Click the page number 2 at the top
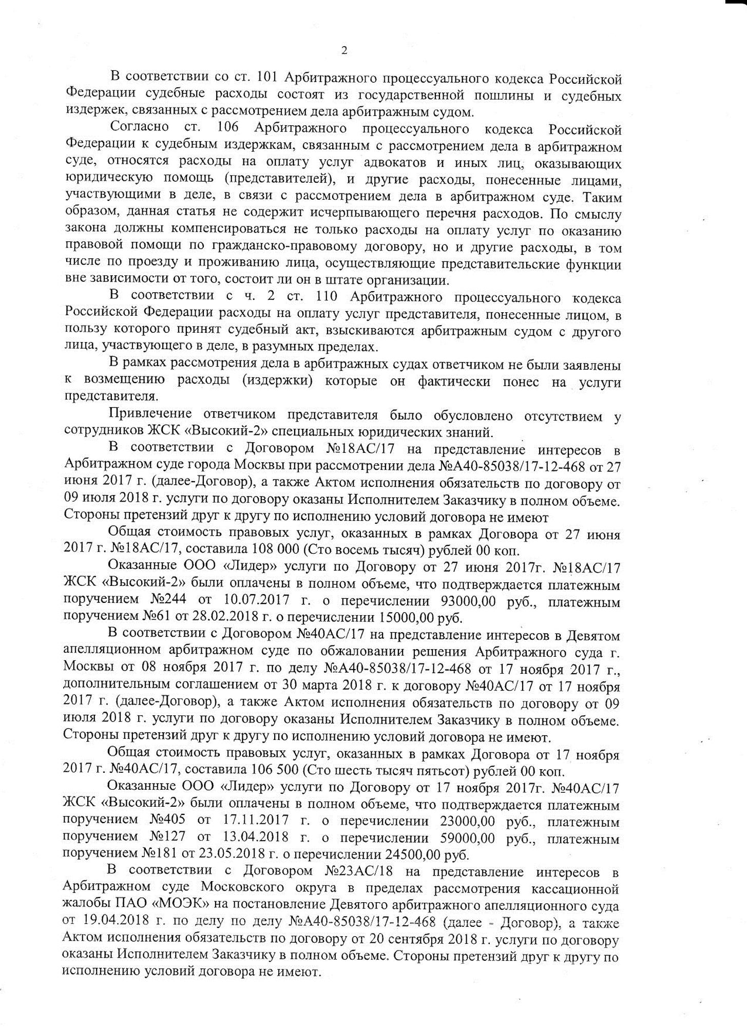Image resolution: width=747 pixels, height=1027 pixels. pyautogui.click(x=344, y=50)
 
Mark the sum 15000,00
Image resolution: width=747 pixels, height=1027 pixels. pyautogui.click(x=406, y=617)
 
